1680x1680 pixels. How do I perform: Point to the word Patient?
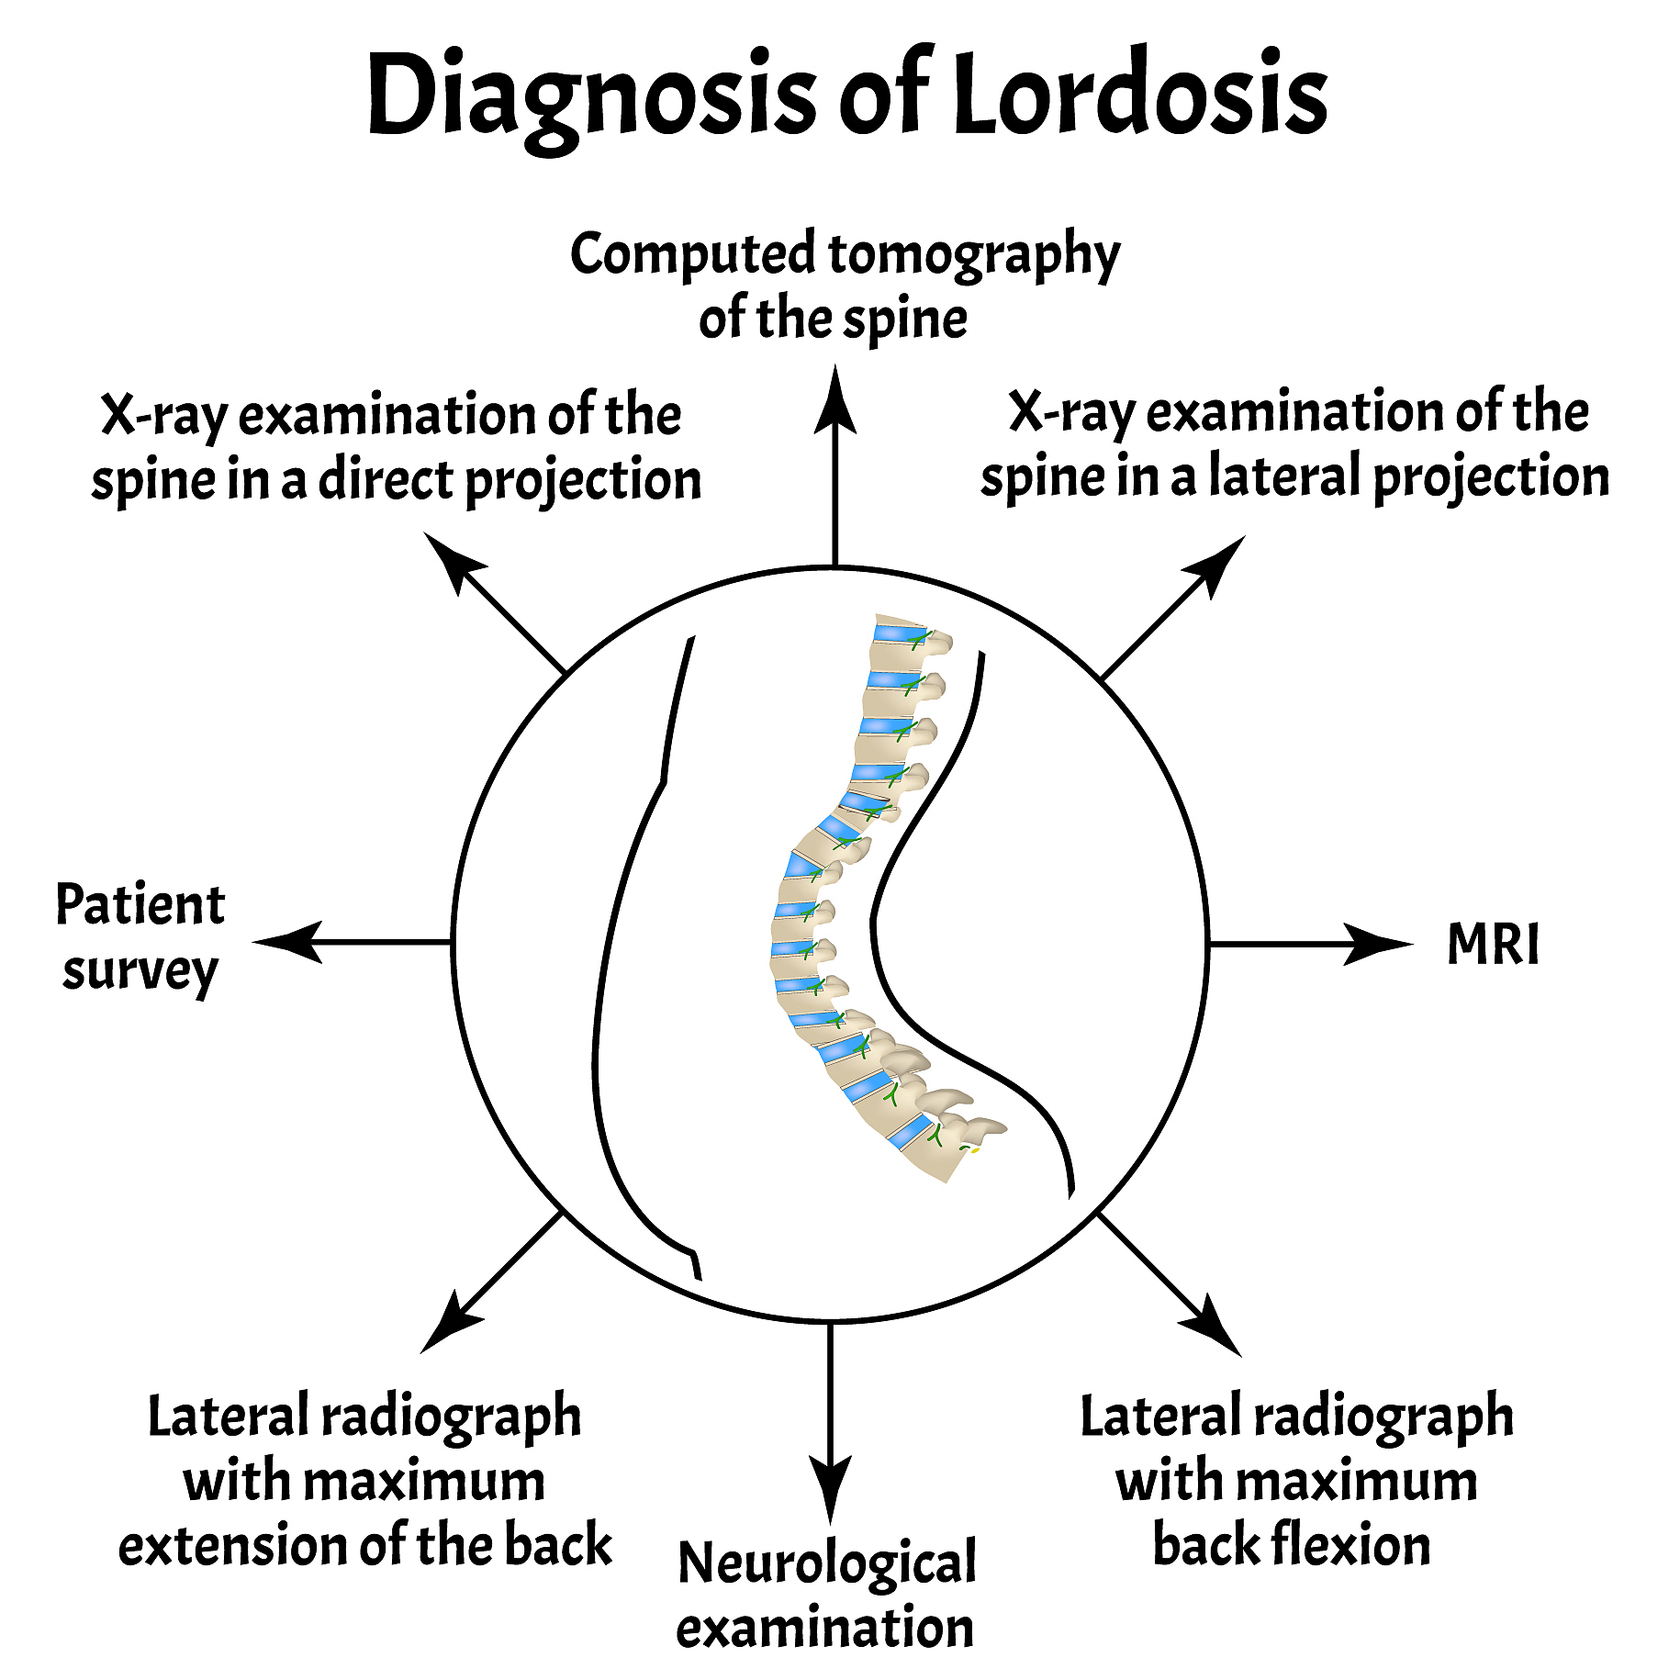pyautogui.click(x=140, y=905)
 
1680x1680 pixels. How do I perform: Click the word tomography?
pyautogui.click(x=973, y=255)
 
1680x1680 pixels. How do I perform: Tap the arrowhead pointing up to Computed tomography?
pyautogui.click(x=834, y=400)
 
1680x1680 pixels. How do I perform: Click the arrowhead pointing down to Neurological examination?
pyautogui.click(x=830, y=1488)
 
